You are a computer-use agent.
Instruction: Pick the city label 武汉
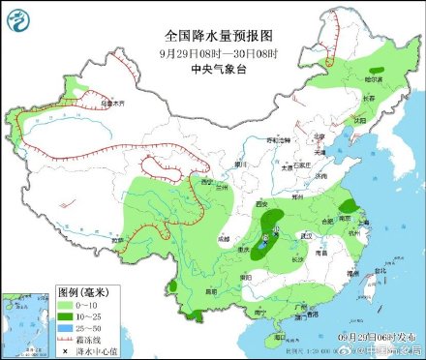pyautogui.click(x=307, y=235)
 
